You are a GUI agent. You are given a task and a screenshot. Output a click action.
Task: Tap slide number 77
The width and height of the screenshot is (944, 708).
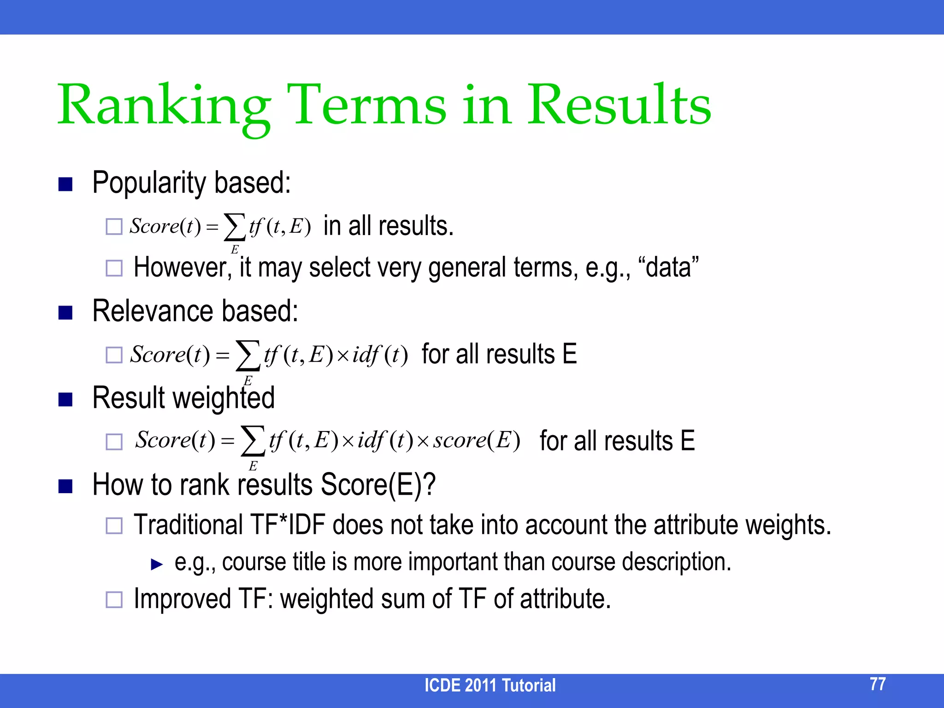tap(877, 684)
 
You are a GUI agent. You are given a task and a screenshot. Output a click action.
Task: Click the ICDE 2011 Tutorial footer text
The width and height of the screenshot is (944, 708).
tap(490, 685)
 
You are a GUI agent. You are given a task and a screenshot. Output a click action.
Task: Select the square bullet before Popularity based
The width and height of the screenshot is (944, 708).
tap(65, 184)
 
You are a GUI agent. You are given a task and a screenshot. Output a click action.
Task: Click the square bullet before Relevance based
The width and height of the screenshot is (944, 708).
tap(65, 313)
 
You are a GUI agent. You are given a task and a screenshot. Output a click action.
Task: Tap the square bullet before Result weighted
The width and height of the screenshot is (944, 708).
tap(65, 399)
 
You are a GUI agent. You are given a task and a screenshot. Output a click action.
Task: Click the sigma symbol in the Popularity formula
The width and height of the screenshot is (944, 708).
tap(234, 227)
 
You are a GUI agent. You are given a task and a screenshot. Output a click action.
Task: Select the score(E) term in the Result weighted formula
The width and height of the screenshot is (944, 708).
tap(476, 440)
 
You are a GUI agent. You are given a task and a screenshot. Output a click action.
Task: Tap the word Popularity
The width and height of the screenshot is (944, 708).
tap(149, 183)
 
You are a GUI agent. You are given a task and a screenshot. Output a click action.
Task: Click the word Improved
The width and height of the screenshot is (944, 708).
tap(183, 599)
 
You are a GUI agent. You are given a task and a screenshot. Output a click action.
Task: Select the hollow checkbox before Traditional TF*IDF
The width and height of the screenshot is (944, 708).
tap(114, 525)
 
